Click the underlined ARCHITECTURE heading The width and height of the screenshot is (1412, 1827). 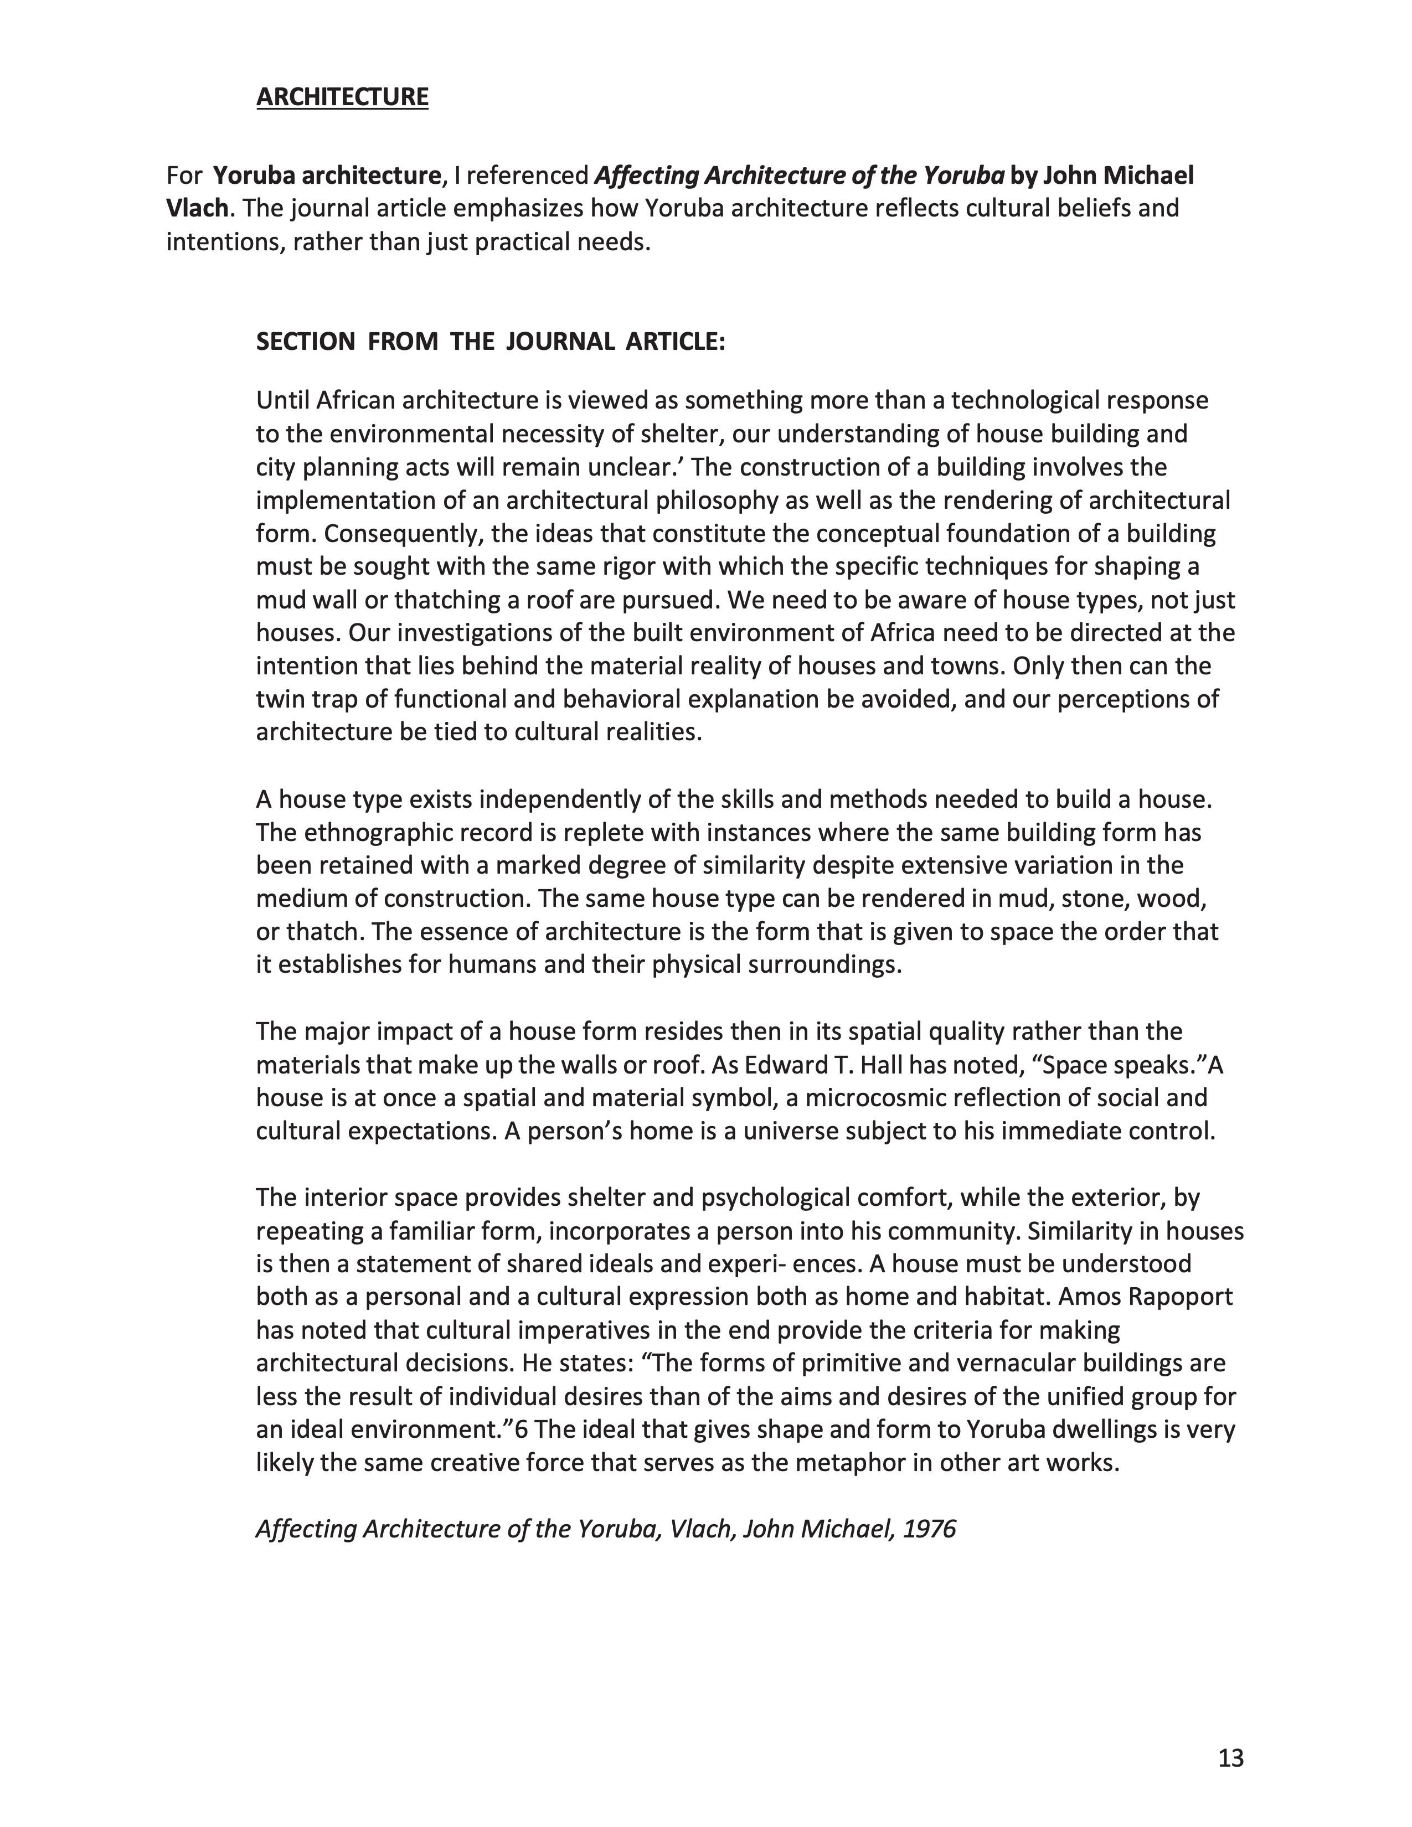(342, 97)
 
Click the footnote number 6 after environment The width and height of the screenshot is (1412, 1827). (521, 1429)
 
